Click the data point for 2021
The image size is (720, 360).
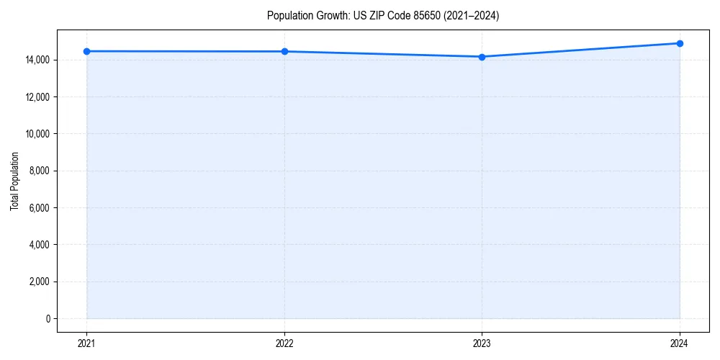86,51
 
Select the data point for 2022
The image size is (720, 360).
284,51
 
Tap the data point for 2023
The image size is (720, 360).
482,57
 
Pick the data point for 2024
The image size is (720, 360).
680,43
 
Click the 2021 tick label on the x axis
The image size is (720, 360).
86,343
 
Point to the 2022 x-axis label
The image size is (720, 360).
284,343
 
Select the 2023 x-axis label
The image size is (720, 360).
482,343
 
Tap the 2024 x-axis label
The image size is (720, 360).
680,343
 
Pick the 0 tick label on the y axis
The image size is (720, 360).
48,319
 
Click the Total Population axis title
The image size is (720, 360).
14,181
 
